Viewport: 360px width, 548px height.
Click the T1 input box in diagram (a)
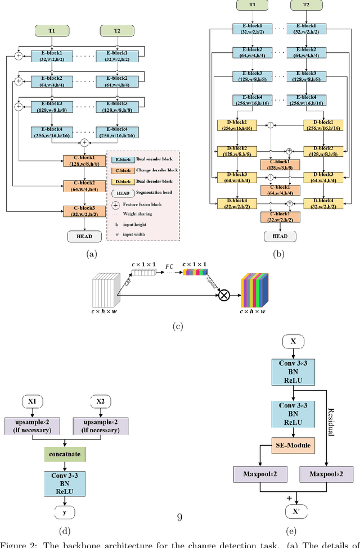pos(51,29)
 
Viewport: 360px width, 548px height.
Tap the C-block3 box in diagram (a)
pos(82,211)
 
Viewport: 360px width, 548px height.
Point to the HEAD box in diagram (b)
pos(280,236)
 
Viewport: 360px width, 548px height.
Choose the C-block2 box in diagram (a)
pos(82,186)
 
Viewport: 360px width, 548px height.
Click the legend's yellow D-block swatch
pos(120,182)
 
